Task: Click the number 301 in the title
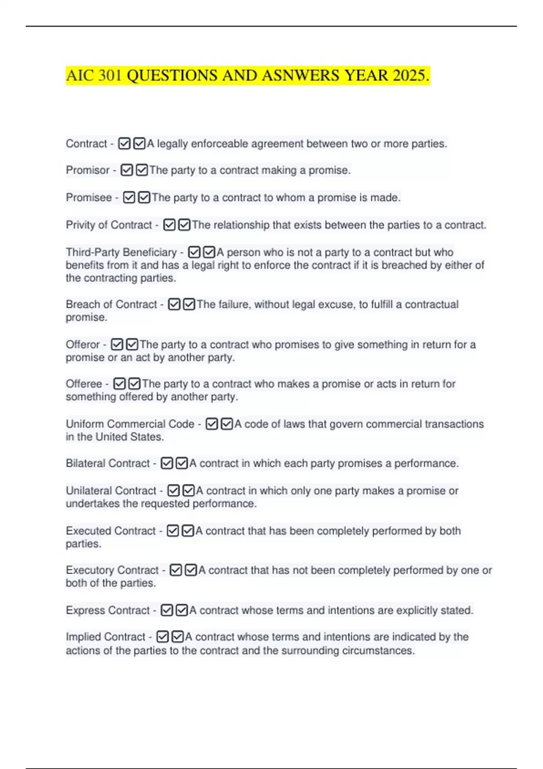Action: pos(110,76)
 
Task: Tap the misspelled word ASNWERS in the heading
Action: pos(300,76)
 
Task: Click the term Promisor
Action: pos(88,171)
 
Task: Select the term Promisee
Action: pos(89,198)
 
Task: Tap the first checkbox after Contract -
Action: pos(124,144)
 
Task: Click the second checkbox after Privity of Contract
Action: pos(184,225)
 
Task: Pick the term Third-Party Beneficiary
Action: pos(121,252)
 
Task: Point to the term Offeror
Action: pos(82,345)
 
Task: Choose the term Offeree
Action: pos(84,384)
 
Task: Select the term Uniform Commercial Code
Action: pos(130,424)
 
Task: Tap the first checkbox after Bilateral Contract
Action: pos(167,464)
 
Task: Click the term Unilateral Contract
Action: pos(111,491)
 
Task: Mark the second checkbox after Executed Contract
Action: pos(188,531)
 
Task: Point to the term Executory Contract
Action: pos(112,570)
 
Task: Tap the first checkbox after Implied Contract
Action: pos(162,637)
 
